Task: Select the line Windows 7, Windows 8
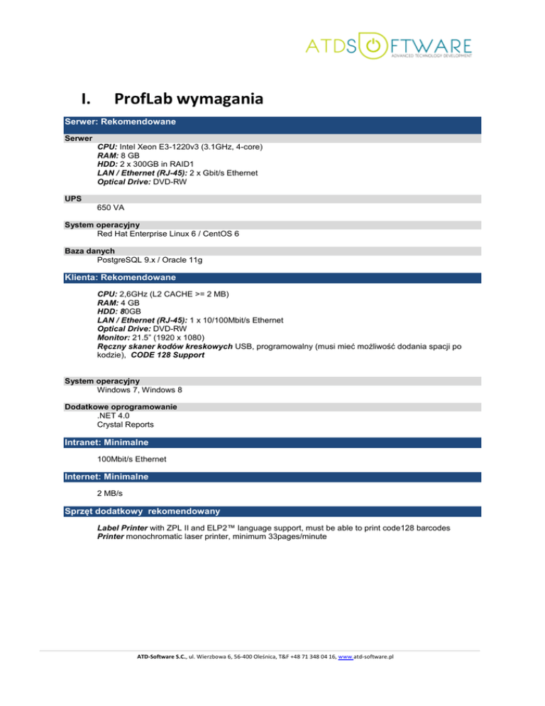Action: click(144, 390)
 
